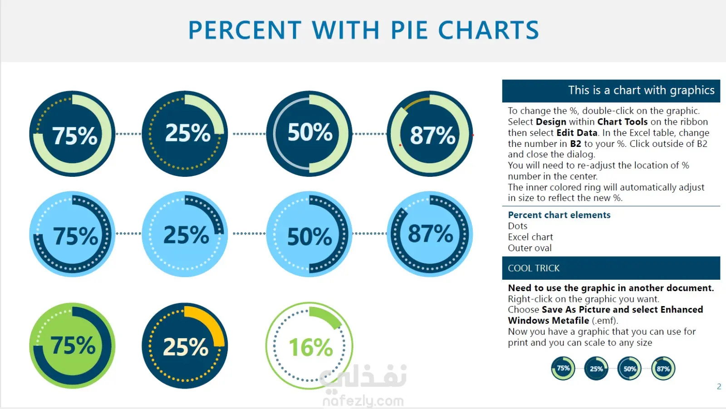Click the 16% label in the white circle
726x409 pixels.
click(311, 347)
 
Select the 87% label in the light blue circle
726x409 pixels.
click(430, 234)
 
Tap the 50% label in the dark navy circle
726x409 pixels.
click(310, 132)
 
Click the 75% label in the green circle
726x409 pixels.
click(73, 346)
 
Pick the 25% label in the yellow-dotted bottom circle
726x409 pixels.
click(186, 347)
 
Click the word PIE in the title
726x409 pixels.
click(409, 30)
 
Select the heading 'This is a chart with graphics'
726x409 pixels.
click(641, 90)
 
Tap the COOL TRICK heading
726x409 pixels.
click(534, 268)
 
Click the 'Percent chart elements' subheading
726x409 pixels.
click(559, 215)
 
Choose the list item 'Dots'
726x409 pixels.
click(518, 226)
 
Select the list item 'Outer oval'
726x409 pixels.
click(530, 248)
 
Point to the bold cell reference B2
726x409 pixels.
click(575, 144)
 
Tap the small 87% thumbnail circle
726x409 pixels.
click(663, 369)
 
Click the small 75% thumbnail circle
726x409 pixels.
click(563, 369)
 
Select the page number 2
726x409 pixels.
click(719, 386)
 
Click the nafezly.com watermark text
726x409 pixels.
click(363, 400)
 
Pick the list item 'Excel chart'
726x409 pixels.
click(530, 237)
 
